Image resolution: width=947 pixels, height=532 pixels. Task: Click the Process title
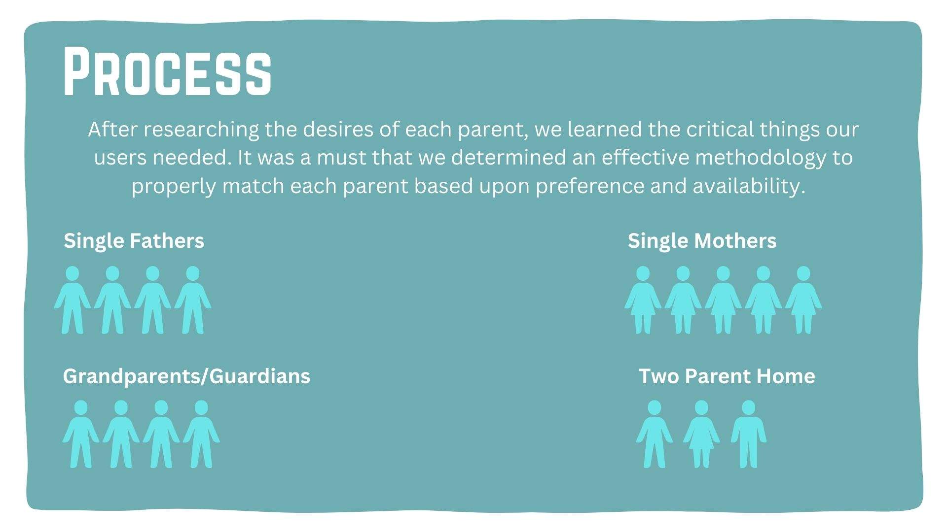167,71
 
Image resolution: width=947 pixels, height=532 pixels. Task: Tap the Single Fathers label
134,241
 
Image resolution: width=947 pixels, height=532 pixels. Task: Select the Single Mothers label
702,241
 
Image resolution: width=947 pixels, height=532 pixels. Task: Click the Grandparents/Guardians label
186,376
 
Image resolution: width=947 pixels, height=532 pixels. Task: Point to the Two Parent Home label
727,376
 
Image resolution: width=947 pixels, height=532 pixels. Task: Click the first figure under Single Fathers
73,300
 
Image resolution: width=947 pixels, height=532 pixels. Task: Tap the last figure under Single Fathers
193,300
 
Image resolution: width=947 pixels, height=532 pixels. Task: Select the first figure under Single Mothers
643,300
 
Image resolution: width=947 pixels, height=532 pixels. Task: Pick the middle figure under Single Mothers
723,300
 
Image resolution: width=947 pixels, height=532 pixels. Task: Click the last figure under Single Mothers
803,300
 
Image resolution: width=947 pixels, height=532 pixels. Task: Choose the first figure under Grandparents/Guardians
81,434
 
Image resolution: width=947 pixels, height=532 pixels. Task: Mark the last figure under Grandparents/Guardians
201,434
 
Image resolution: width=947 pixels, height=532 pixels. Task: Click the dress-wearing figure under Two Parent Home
701,434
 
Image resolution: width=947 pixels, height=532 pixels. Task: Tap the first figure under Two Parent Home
655,434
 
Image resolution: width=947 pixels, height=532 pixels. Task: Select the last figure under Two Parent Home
749,434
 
